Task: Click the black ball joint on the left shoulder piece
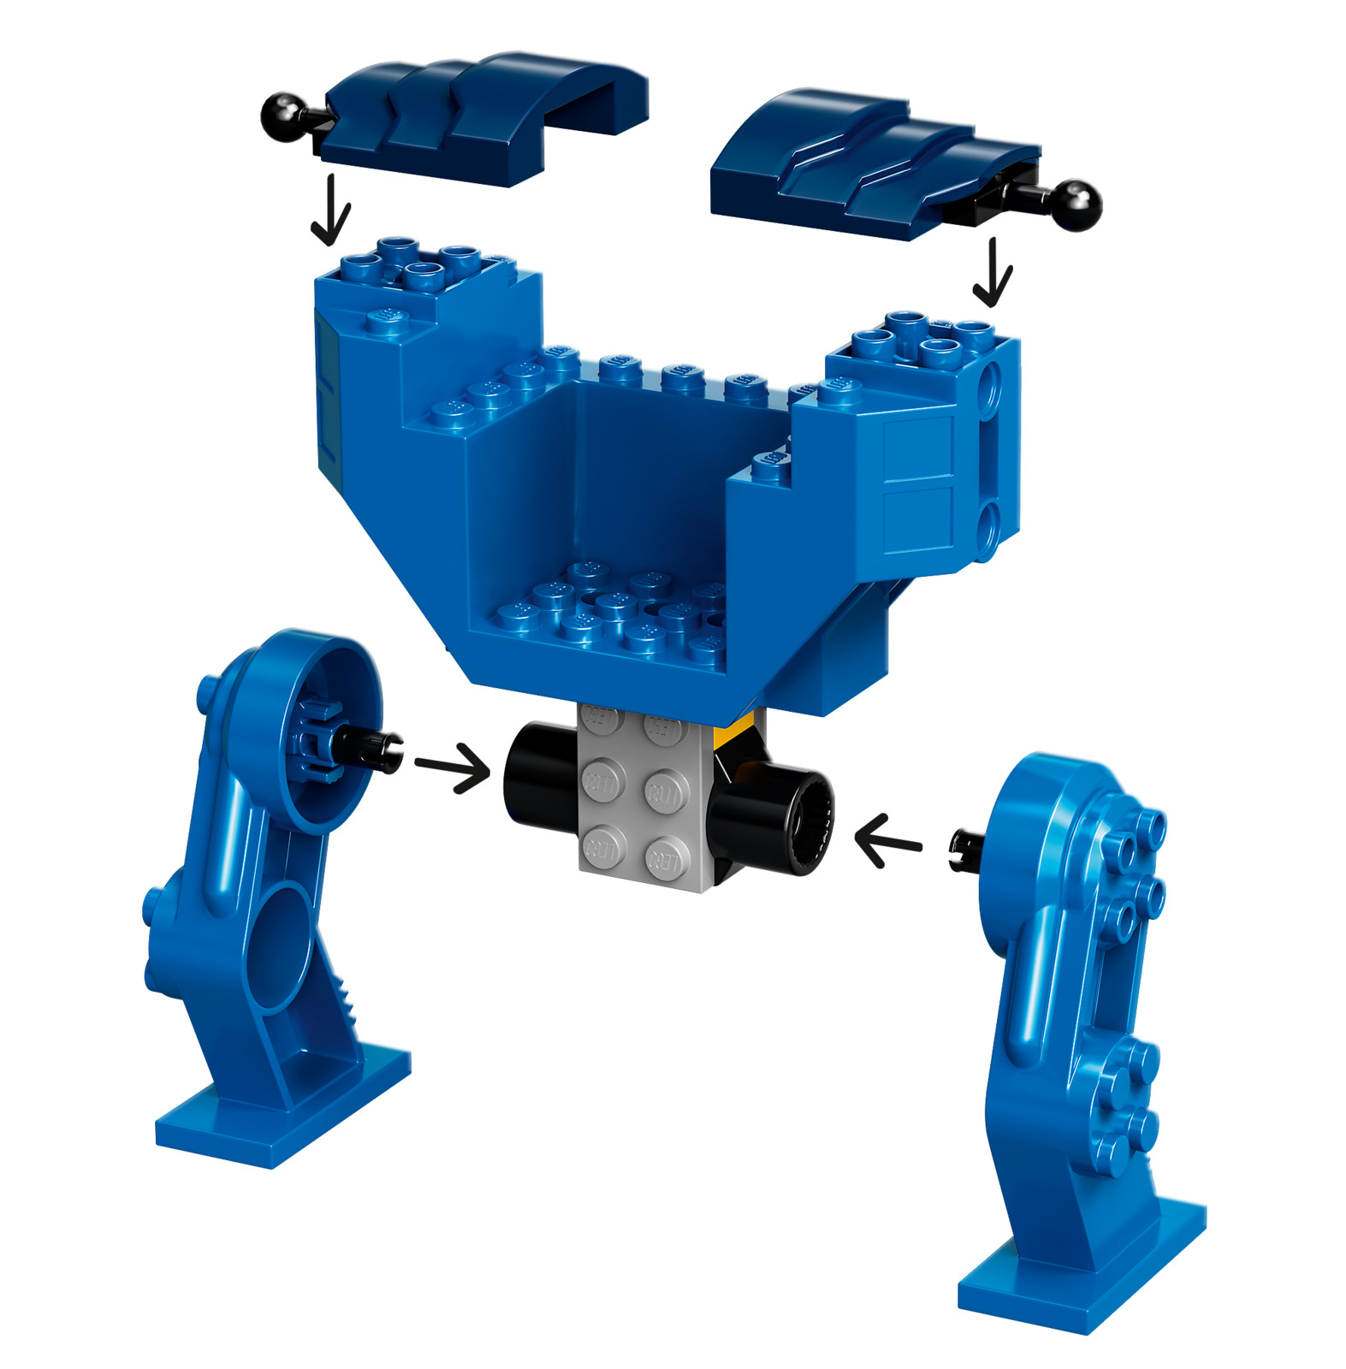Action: coord(282,116)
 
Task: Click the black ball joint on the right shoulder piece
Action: coord(1076,205)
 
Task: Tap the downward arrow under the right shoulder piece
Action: coord(993,273)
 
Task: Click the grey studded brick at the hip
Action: coord(642,800)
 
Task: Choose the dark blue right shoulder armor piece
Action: coord(856,163)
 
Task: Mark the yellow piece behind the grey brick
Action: coord(734,732)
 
